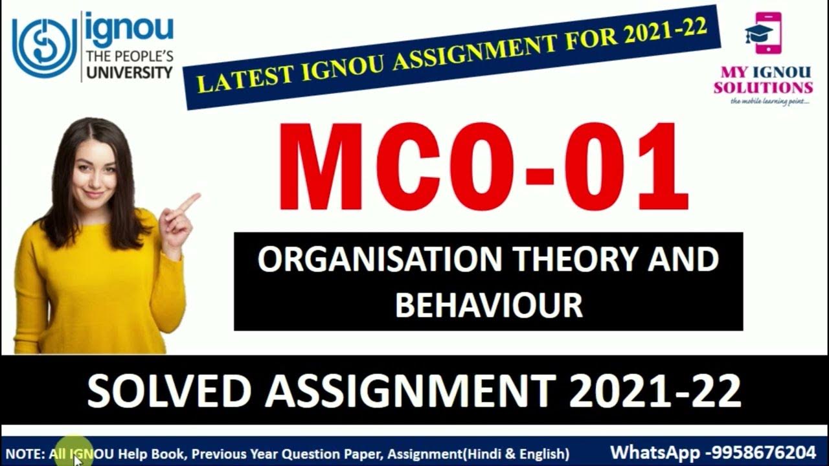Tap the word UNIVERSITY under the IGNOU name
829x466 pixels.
130,72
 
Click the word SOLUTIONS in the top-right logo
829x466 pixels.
764,87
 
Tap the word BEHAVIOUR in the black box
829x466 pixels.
489,305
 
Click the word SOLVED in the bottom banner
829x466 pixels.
168,391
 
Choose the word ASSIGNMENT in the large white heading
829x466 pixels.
408,391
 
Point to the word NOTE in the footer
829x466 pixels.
23,453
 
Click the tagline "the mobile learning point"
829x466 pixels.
769,102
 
